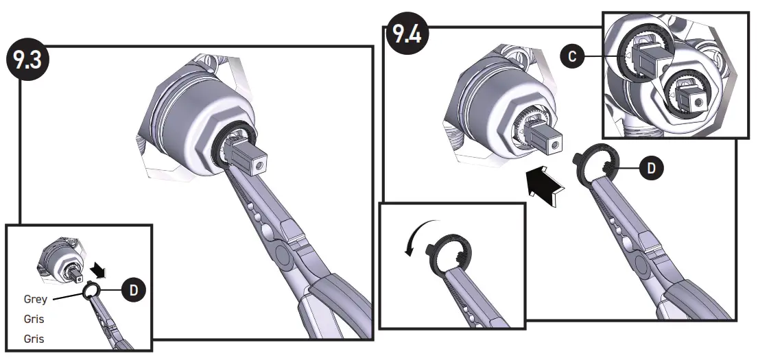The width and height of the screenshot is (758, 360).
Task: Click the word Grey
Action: [36, 299]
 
